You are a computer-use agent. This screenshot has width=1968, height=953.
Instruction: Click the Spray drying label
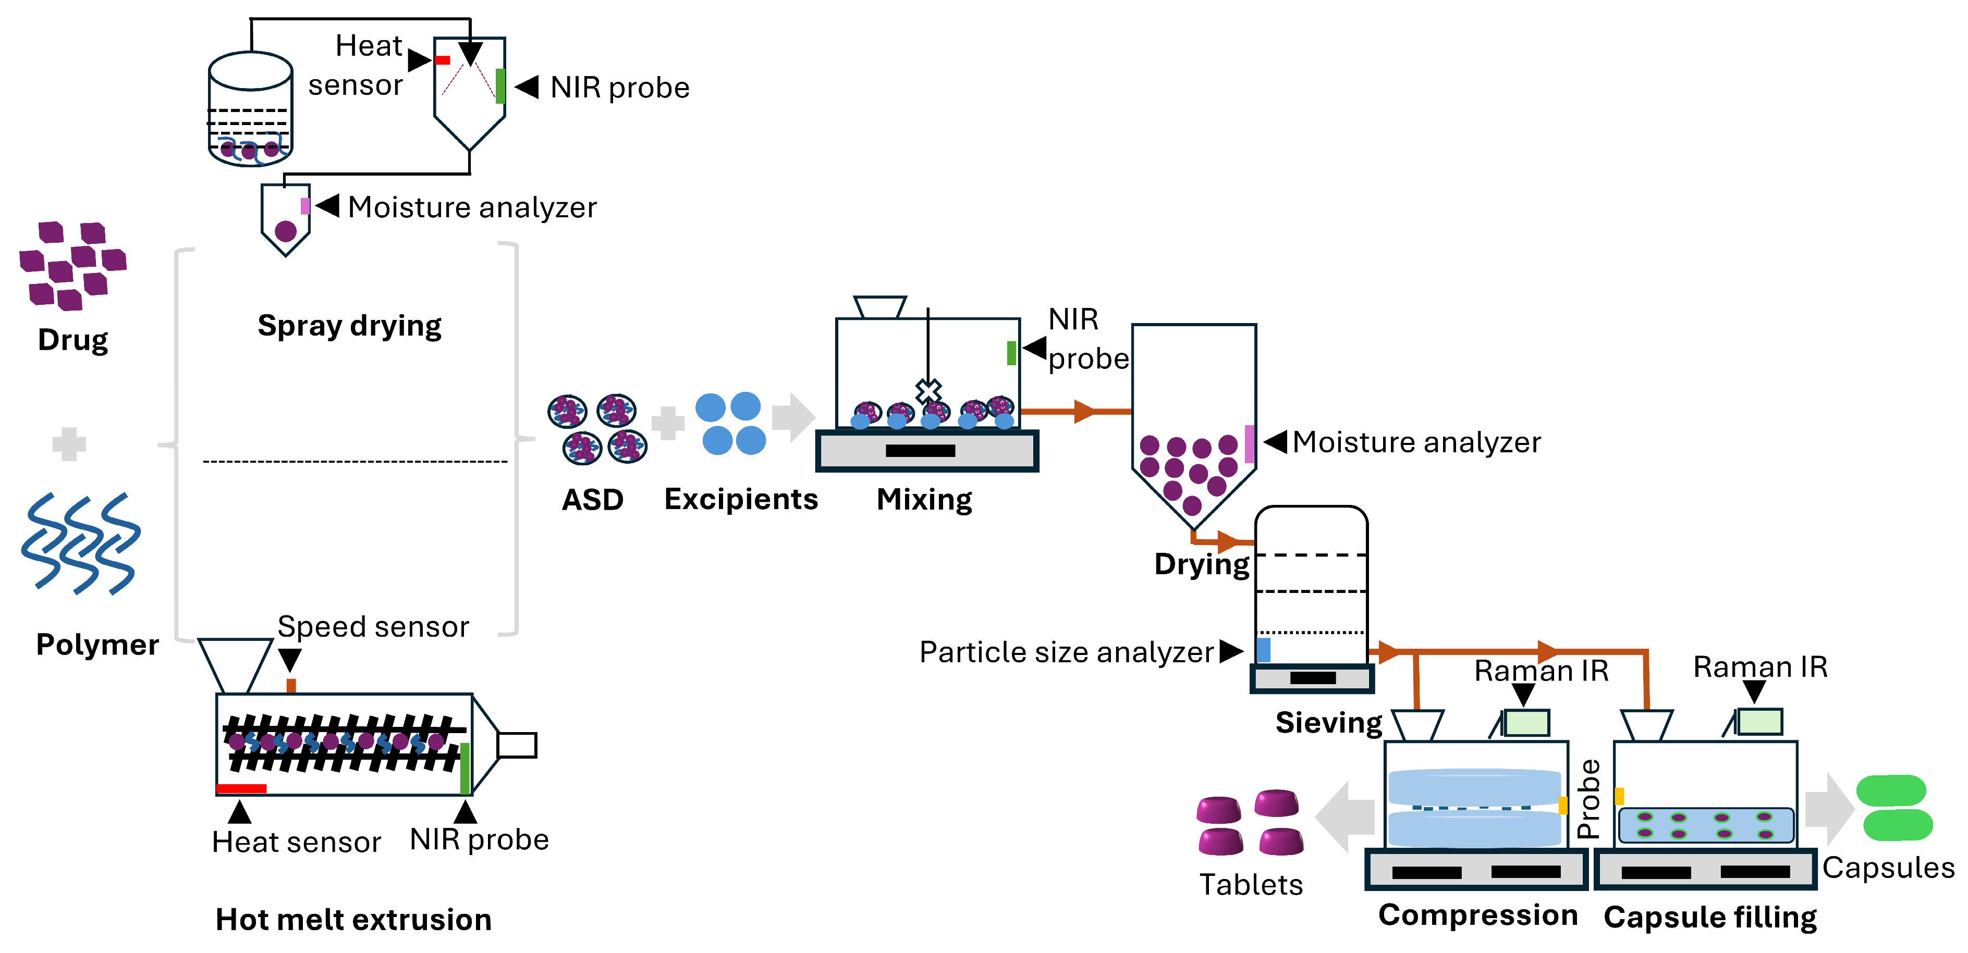tap(349, 326)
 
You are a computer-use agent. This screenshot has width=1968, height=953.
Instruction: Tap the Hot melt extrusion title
tap(353, 920)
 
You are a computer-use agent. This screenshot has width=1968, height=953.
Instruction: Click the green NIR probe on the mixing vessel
tap(1011, 353)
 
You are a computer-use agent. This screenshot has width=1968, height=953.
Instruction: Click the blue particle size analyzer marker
tap(1264, 650)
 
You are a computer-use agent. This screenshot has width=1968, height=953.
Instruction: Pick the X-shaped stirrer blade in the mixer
tap(928, 391)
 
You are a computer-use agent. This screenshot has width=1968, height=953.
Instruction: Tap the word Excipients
tap(740, 499)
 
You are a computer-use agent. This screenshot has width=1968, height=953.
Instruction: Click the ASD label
tap(592, 500)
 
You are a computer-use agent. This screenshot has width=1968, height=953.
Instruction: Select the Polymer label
tap(97, 645)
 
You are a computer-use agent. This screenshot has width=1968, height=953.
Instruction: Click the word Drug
tap(72, 340)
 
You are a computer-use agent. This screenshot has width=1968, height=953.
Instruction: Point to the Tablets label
tap(1251, 884)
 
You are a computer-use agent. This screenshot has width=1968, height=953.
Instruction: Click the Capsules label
tap(1888, 868)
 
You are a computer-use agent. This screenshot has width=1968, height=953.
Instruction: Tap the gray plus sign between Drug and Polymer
tap(69, 443)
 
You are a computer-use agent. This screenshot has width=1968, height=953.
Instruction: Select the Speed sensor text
tap(373, 627)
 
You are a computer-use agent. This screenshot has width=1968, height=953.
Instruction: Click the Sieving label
tap(1328, 722)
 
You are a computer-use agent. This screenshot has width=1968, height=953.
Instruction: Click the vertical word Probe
tap(1588, 799)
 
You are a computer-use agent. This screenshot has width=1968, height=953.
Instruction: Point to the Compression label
tap(1477, 915)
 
